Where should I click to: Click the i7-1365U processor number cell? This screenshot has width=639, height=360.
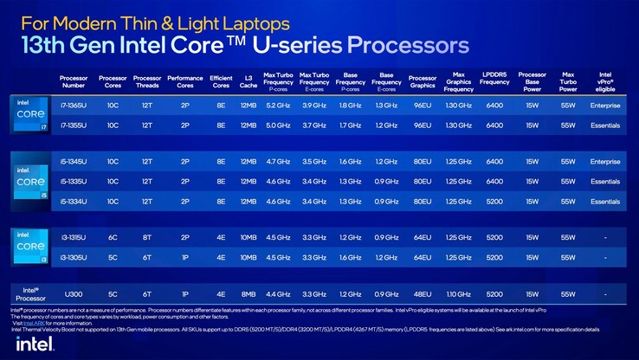pyautogui.click(x=74, y=105)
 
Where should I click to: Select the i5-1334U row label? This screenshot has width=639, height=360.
pyautogui.click(x=74, y=202)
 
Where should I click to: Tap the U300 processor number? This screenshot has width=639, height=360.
pyautogui.click(x=74, y=293)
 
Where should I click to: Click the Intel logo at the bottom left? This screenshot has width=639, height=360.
pyautogui.click(x=34, y=343)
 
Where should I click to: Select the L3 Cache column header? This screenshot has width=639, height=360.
pyautogui.click(x=248, y=81)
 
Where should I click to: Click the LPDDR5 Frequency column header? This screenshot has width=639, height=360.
pyautogui.click(x=494, y=81)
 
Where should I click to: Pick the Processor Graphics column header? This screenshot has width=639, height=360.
pyautogui.click(x=422, y=81)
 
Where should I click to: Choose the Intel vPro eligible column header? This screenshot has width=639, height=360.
pyautogui.click(x=605, y=81)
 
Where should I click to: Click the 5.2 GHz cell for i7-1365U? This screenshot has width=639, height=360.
pyautogui.click(x=278, y=105)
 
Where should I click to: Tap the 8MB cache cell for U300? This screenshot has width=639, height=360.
pyautogui.click(x=248, y=293)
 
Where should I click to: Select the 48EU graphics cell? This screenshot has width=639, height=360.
pyautogui.click(x=422, y=293)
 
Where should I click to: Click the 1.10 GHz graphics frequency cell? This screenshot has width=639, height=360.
pyautogui.click(x=458, y=293)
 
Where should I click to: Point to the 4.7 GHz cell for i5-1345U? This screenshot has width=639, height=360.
pyautogui.click(x=278, y=162)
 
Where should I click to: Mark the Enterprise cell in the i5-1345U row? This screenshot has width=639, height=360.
pyautogui.click(x=605, y=162)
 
